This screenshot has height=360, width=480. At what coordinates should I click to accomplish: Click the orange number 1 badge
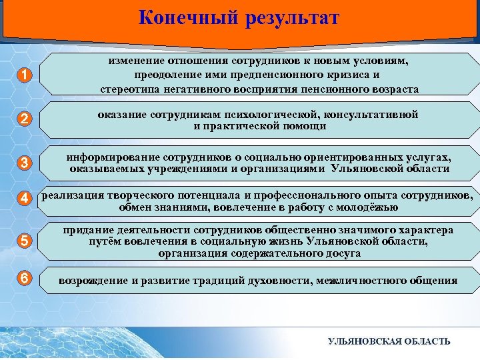tap(24, 75)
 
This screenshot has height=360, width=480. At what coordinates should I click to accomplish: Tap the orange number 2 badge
tap(24, 120)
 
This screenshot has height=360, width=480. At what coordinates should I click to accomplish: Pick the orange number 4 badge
tap(24, 198)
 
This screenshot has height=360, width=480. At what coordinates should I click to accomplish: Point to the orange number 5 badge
tap(24, 242)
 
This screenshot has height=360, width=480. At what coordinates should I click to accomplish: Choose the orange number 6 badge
tap(24, 279)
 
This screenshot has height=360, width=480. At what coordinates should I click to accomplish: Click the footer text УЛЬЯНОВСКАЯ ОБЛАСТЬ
tap(389, 341)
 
